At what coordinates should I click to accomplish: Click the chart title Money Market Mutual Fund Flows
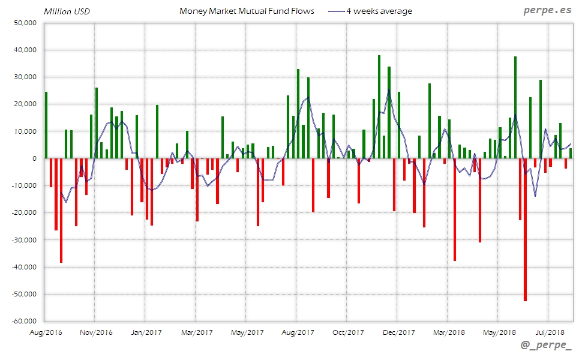coord(247,11)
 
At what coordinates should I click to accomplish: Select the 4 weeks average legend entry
coord(379,11)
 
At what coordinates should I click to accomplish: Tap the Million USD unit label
coord(67,11)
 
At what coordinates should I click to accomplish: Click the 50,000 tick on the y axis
coord(25,23)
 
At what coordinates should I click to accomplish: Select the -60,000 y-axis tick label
coord(24,321)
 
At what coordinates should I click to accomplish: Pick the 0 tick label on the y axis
coord(34,158)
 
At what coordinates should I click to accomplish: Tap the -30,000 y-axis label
coord(24,240)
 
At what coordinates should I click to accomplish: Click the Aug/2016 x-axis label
coord(46,332)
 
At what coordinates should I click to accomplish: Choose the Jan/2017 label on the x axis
coord(146,332)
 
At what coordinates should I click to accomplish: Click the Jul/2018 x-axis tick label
coord(550,332)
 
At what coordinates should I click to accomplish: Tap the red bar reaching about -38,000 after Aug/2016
coord(61,210)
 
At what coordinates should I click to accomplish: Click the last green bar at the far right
coord(571,153)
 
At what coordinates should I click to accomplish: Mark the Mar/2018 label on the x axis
coord(449,332)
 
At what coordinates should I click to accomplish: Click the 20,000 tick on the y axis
coord(25,104)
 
